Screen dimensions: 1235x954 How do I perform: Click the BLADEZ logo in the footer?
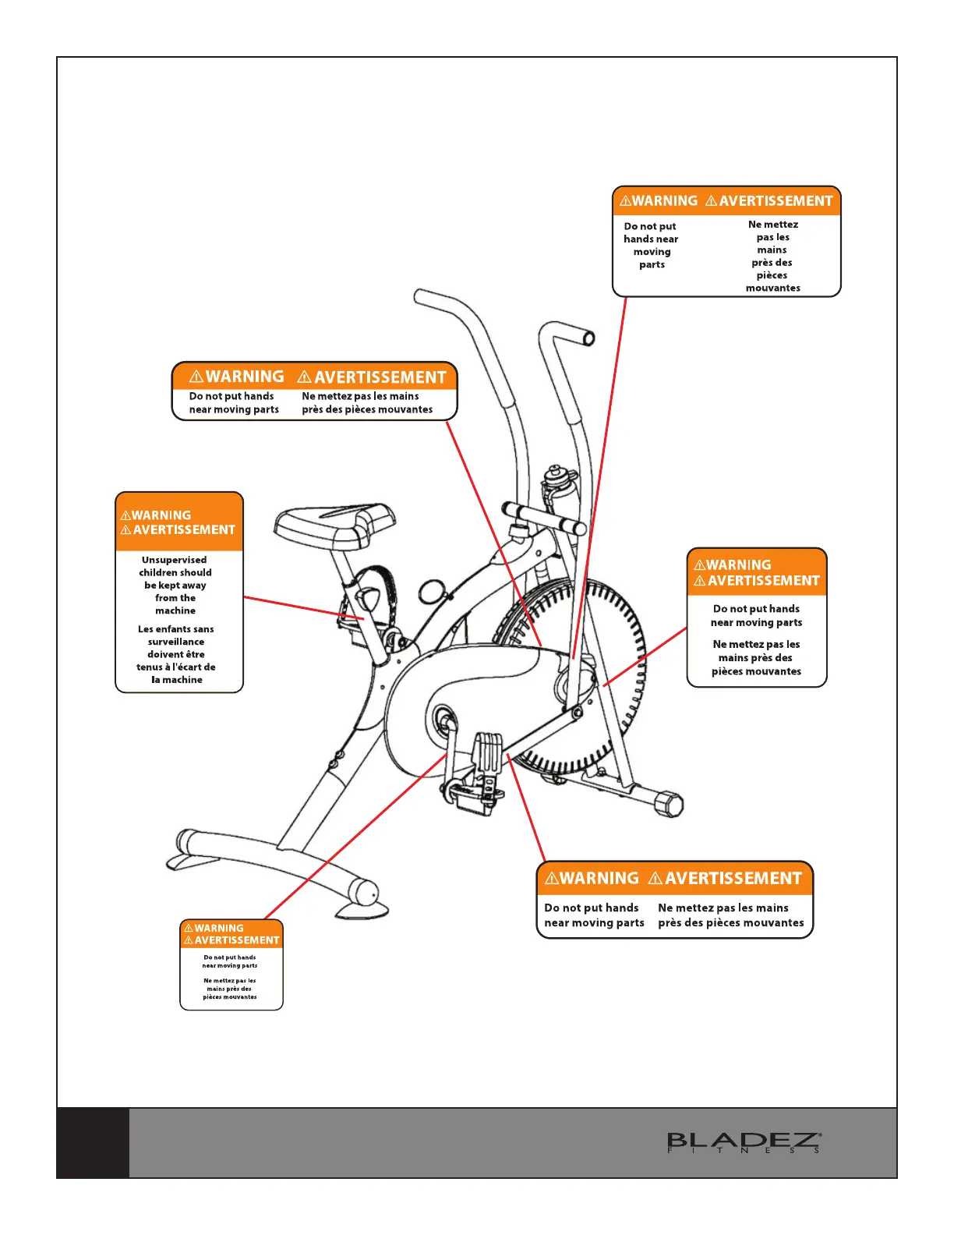[744, 1142]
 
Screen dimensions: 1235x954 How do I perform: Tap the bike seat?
[335, 523]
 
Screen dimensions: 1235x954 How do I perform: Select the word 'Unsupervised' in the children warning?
[175, 560]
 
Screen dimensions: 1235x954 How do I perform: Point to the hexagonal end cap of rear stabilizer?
[670, 803]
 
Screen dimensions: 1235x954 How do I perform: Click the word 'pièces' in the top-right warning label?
[772, 275]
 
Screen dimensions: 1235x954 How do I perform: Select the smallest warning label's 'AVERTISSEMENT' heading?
[236, 940]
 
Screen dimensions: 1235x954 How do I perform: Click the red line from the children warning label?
[304, 608]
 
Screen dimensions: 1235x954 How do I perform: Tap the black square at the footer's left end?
[93, 1142]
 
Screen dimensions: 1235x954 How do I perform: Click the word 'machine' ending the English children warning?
[175, 610]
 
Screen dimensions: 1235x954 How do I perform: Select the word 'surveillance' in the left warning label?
[176, 642]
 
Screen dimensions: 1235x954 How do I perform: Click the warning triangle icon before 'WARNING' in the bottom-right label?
[552, 879]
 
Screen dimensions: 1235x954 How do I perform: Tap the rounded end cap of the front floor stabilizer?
[365, 892]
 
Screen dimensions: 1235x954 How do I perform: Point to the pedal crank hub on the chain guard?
[443, 718]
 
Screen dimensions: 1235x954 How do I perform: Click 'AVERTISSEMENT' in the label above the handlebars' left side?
[380, 377]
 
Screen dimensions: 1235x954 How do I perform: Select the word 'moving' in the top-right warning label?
[652, 252]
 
